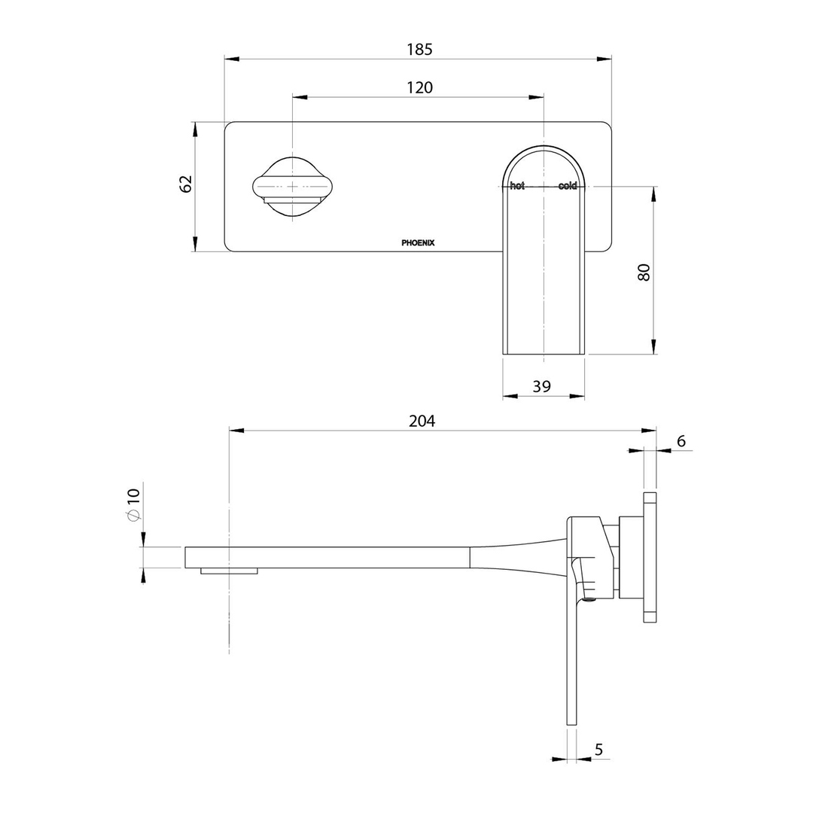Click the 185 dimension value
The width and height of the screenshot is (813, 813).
pos(419,50)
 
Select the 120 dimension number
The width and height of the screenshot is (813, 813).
pos(419,87)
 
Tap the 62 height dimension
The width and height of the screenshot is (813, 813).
pos(186,184)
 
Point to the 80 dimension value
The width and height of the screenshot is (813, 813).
pos(644,273)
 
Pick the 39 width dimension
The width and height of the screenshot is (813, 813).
pos(542,386)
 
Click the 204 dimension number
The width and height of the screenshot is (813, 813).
pos(422,421)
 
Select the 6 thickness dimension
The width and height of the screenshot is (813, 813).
pos(681,441)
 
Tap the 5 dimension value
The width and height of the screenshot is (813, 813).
pos(599,750)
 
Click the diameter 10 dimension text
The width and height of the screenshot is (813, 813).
pos(133,504)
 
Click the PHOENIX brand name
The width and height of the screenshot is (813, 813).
pos(419,242)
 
